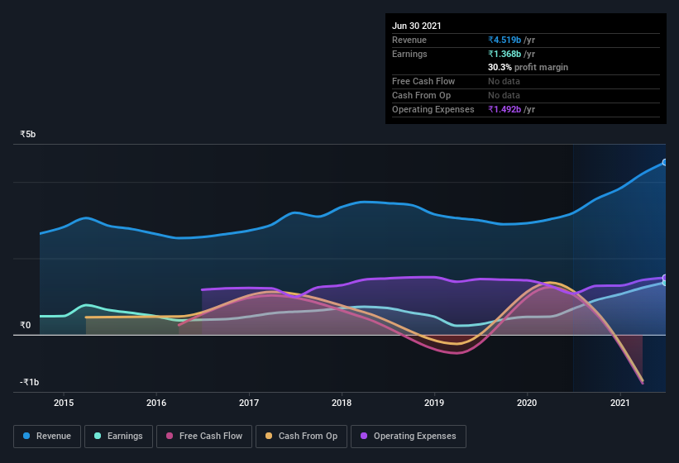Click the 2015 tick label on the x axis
pyautogui.click(x=64, y=403)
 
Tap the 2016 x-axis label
pyautogui.click(x=156, y=403)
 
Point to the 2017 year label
pyautogui.click(x=249, y=403)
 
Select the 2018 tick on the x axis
pyautogui.click(x=342, y=403)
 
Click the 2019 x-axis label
pyautogui.click(x=435, y=403)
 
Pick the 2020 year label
pyautogui.click(x=528, y=403)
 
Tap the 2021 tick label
pyautogui.click(x=620, y=403)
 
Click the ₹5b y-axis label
pyautogui.click(x=29, y=134)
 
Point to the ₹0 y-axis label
pyautogui.click(x=26, y=325)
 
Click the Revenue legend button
pyautogui.click(x=47, y=436)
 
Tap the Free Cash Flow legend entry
pyautogui.click(x=204, y=436)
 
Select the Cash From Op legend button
pyautogui.click(x=300, y=436)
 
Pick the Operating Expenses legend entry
pyautogui.click(x=408, y=436)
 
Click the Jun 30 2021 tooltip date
pyautogui.click(x=417, y=26)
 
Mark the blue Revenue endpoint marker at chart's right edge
pyautogui.click(x=664, y=162)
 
